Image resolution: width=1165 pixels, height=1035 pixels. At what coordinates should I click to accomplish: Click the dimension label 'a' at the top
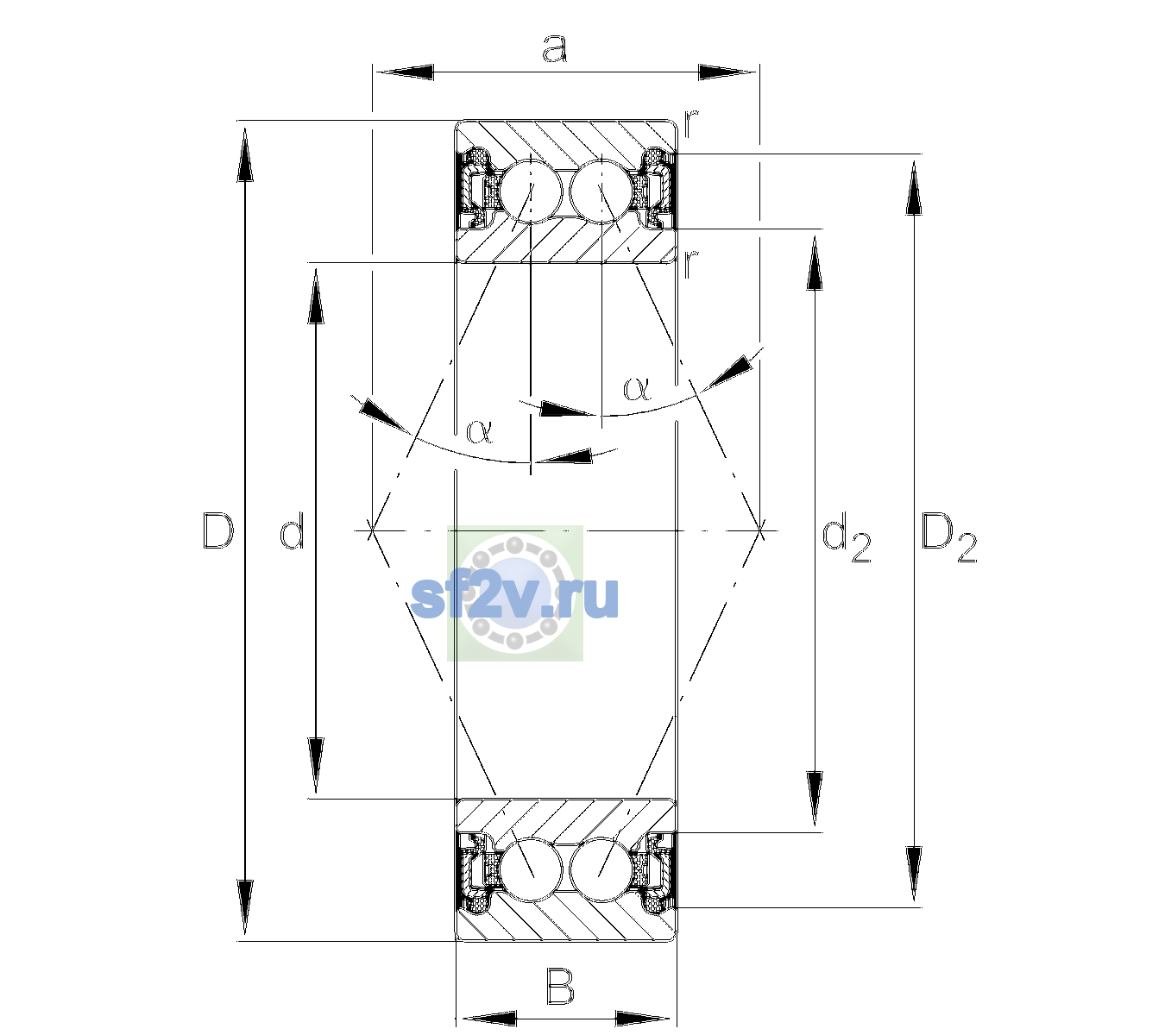(x=554, y=48)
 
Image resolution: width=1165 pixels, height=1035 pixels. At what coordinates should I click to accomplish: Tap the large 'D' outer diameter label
(x=218, y=530)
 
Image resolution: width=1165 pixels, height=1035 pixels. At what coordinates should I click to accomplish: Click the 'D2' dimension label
(x=948, y=537)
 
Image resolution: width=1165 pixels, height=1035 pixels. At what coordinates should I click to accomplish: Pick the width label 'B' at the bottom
(x=560, y=986)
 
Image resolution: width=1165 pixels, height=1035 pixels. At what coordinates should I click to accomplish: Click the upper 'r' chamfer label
(x=691, y=122)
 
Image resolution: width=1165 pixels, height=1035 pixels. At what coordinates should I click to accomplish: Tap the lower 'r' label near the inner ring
(x=691, y=264)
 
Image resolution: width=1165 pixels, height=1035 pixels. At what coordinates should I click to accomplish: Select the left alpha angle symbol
(x=480, y=431)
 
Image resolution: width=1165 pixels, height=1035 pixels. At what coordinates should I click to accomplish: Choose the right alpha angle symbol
(x=637, y=388)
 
